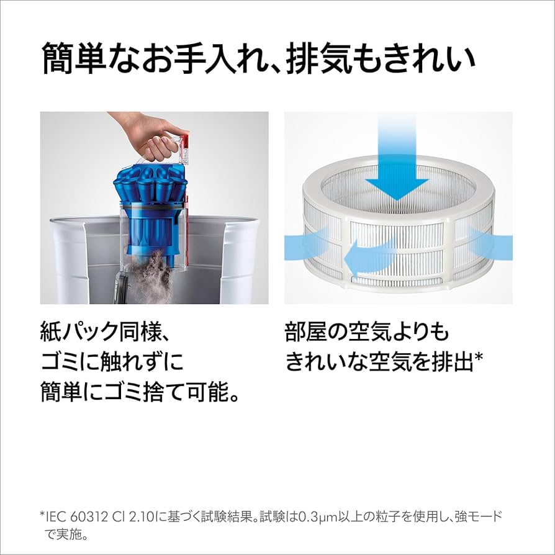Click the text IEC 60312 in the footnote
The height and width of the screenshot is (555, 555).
[x=84, y=517]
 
